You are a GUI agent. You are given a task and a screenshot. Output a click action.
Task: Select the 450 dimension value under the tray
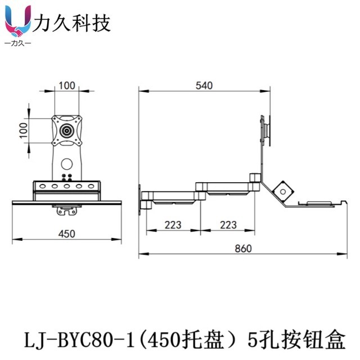tap(67, 233)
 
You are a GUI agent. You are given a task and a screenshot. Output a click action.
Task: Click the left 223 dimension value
tap(173, 225)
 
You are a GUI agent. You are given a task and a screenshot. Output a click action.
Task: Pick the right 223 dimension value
tap(228, 225)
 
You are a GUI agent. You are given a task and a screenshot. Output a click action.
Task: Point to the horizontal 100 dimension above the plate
tap(67, 85)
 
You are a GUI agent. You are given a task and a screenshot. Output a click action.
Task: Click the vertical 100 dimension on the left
tap(23, 131)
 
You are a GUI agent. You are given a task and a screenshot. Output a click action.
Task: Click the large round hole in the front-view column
tap(67, 165)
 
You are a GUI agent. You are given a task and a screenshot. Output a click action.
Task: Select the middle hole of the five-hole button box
tap(67, 186)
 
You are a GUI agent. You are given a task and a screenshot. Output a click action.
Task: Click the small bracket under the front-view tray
tap(66, 211)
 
